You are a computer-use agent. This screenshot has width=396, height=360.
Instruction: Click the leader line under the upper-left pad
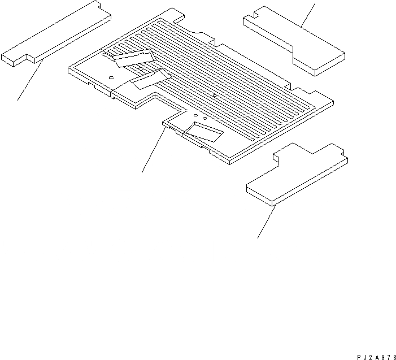[30, 81]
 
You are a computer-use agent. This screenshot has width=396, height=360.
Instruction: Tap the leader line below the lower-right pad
[267, 221]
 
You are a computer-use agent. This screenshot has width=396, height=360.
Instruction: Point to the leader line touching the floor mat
[154, 150]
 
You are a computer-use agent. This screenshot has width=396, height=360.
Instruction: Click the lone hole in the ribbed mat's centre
[215, 97]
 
